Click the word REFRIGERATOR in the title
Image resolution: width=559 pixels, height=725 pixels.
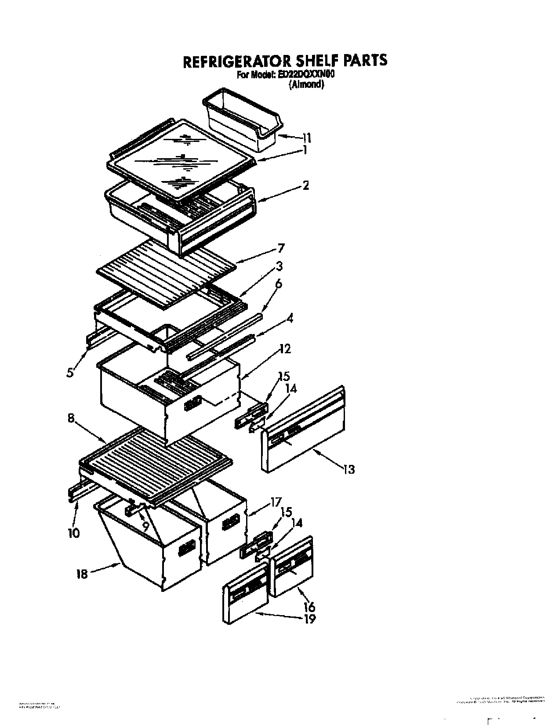coord(232,61)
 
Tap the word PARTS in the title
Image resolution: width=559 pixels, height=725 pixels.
coord(363,60)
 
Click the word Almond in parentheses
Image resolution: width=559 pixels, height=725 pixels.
coord(306,85)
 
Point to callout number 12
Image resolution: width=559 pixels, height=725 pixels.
coord(284,349)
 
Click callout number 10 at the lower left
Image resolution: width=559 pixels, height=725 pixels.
coord(73,533)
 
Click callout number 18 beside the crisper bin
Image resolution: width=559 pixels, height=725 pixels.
coord(82,573)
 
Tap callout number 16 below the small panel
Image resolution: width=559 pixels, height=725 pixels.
coord(309,607)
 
